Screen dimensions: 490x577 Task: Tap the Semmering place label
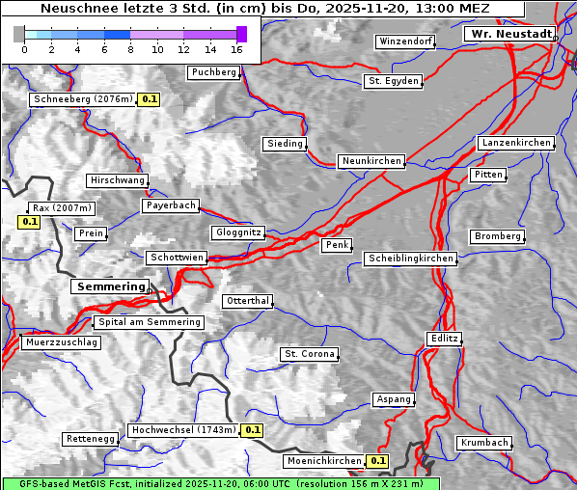point(110,286)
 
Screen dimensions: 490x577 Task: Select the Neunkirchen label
point(371,161)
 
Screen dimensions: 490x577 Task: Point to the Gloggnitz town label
point(236,232)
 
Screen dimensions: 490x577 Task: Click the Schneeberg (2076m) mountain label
point(81,99)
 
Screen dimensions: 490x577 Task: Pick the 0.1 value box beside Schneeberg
point(150,99)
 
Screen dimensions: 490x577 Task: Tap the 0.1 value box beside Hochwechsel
point(252,430)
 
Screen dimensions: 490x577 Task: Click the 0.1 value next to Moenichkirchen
point(377,461)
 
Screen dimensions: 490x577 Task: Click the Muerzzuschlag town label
point(61,342)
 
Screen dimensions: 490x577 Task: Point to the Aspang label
point(394,399)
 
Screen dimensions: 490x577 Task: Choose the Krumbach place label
point(483,443)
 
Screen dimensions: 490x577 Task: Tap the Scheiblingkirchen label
point(410,259)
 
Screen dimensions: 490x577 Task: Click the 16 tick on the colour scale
point(237,49)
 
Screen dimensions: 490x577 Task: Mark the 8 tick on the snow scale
point(130,49)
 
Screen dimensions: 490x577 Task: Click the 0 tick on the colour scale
point(24,49)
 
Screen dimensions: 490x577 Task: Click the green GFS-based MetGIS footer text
point(220,483)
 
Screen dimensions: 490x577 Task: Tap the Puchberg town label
point(213,72)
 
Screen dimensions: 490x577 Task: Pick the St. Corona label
point(310,354)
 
